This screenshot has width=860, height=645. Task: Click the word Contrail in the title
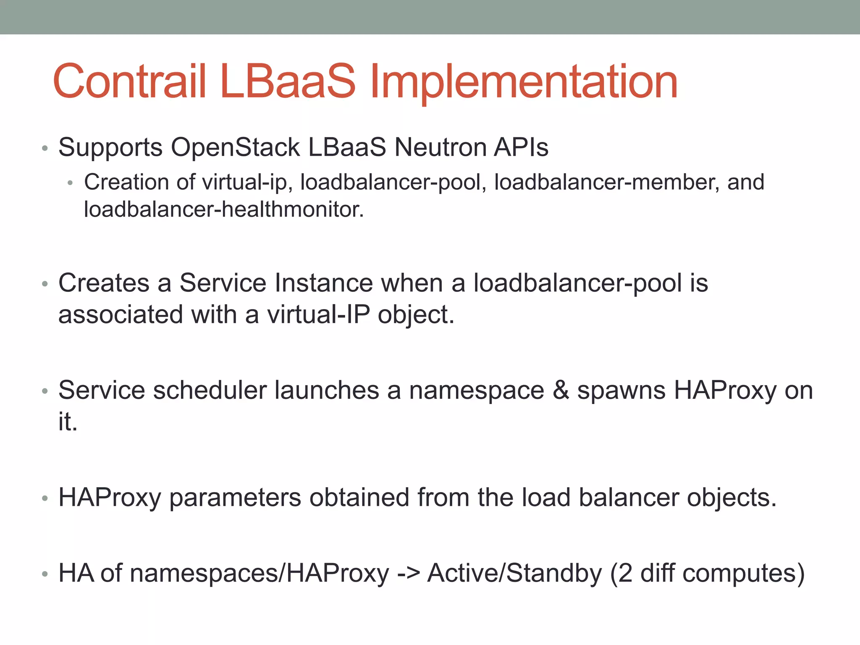tap(129, 81)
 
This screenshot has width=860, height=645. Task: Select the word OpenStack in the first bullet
tap(235, 148)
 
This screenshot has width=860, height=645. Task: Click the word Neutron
tap(440, 148)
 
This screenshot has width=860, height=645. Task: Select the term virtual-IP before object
tap(319, 315)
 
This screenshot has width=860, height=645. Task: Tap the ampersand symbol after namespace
tap(561, 391)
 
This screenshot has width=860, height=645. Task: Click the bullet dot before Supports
tap(45, 149)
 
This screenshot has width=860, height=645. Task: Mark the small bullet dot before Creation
tap(70, 183)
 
